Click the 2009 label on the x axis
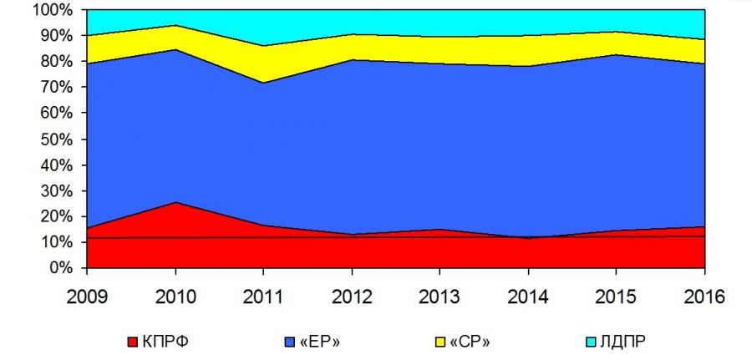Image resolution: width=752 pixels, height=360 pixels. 87,295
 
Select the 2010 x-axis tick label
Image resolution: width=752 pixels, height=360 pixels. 175,295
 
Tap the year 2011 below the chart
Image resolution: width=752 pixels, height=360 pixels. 264,295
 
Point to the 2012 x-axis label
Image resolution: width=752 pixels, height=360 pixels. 352,295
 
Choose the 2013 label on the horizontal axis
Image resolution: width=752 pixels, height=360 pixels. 440,295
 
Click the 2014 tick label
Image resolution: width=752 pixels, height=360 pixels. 529,295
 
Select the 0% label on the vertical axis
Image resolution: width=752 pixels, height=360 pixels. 61,268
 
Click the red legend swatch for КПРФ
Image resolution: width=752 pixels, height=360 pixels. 130,342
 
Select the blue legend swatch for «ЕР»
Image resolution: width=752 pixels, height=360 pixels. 290,342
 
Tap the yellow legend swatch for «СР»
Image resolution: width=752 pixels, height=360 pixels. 440,342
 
